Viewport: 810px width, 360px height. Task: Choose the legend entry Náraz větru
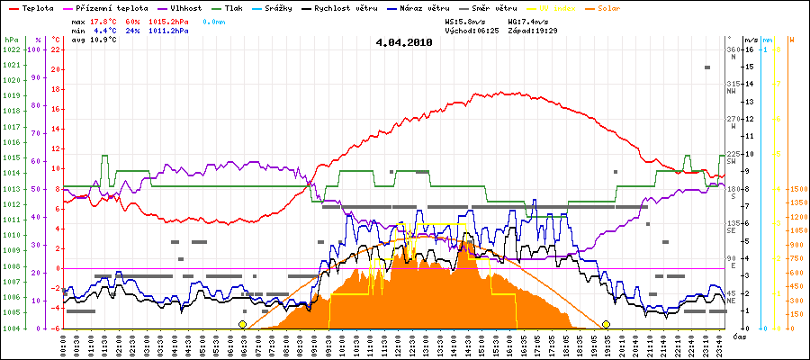[x=422, y=8]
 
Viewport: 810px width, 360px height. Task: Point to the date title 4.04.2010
[x=404, y=42]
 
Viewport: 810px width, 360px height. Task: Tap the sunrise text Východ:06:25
[x=471, y=30]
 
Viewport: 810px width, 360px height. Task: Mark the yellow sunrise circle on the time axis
[x=242, y=324]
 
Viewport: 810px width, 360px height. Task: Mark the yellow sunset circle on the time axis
[x=607, y=324]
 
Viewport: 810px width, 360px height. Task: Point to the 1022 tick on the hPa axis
[x=11, y=49]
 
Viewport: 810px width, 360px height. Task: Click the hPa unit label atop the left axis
[x=10, y=40]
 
